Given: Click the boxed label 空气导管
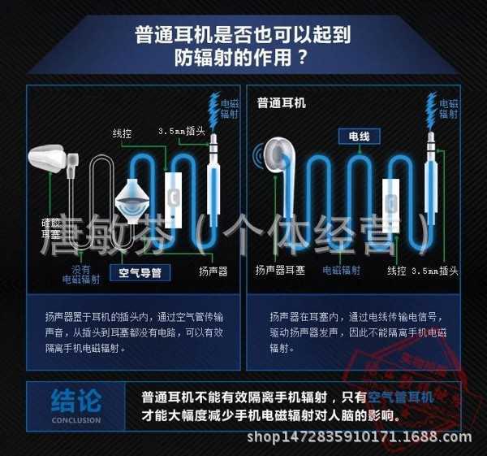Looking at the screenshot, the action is click(x=140, y=273).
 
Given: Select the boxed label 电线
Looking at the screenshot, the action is click(x=358, y=137).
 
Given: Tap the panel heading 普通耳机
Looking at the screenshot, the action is click(x=281, y=103).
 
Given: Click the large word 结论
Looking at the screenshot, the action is click(x=76, y=401).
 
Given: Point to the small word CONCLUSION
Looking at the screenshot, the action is click(x=76, y=420).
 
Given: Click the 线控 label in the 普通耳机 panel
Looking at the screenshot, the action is click(x=396, y=271).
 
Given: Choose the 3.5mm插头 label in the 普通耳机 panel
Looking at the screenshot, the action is click(x=435, y=271).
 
